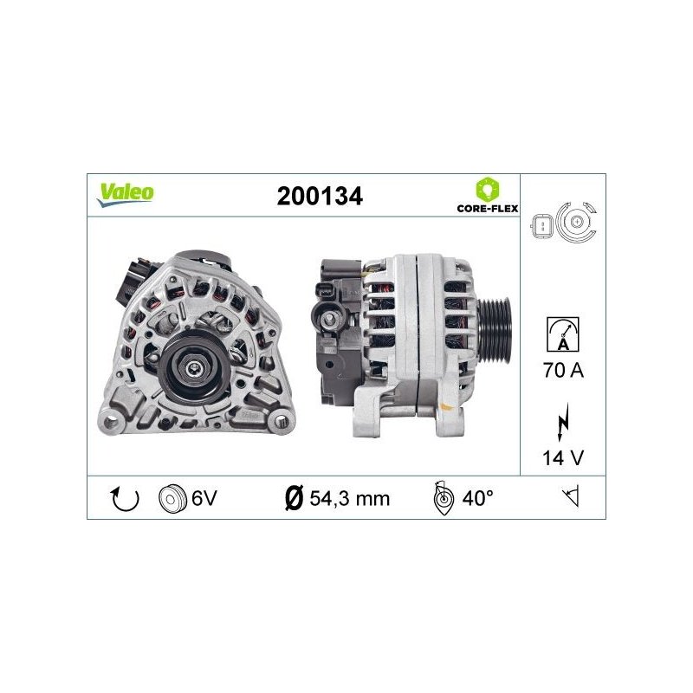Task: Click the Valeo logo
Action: coord(126,194)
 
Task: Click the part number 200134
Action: coord(320,197)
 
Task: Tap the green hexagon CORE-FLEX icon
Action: coord(487,189)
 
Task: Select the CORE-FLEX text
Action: coord(488,208)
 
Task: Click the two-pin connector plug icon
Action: coord(542,226)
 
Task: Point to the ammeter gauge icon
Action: coord(562,334)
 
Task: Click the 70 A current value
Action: coord(564,371)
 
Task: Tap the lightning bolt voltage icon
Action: coord(562,422)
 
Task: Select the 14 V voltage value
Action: coord(563,458)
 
